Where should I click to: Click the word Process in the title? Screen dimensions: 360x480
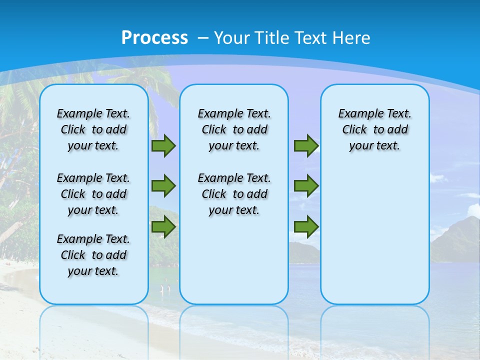pyautogui.click(x=154, y=37)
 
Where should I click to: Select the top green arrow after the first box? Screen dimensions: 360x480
pyautogui.click(x=163, y=146)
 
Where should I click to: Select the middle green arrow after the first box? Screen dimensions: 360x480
pyautogui.click(x=163, y=186)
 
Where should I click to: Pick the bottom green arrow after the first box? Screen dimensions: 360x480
pyautogui.click(x=163, y=227)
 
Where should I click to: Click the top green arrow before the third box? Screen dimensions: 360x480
pyautogui.click(x=306, y=146)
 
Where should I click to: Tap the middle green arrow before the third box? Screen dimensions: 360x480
pyautogui.click(x=306, y=186)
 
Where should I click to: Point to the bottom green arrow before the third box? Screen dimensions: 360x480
pyautogui.click(x=306, y=227)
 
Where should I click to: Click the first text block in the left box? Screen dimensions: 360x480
pyautogui.click(x=93, y=129)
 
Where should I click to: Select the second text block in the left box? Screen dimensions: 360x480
pyautogui.click(x=93, y=194)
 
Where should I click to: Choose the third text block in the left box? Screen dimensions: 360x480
pyautogui.click(x=93, y=255)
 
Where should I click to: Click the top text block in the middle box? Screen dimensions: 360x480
pyautogui.click(x=234, y=129)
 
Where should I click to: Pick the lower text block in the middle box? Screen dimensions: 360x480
pyautogui.click(x=234, y=194)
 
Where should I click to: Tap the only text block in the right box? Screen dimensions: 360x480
pyautogui.click(x=374, y=129)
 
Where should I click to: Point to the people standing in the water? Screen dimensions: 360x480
pyautogui.click(x=165, y=288)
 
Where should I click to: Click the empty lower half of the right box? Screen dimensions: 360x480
pyautogui.click(x=374, y=240)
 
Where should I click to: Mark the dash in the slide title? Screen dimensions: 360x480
pyautogui.click(x=203, y=38)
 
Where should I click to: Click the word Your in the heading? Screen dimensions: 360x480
pyautogui.click(x=232, y=38)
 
